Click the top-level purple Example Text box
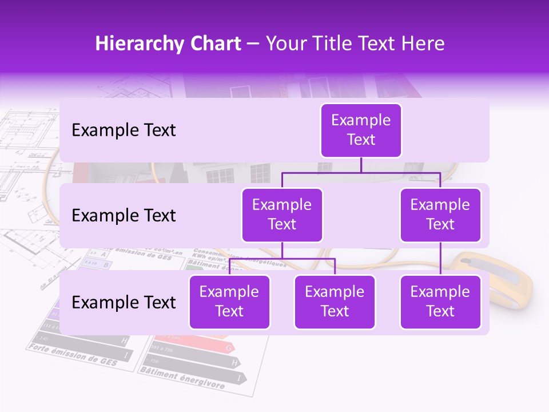(361, 130)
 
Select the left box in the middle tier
(282, 215)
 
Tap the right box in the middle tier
(440, 215)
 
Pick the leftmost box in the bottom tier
(229, 302)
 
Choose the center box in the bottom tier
(335, 302)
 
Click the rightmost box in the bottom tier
(440, 302)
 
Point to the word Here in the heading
(423, 44)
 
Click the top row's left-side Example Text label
(124, 130)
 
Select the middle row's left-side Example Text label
(124, 216)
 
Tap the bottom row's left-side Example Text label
(124, 303)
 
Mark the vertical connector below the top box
(361, 165)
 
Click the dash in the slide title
(253, 44)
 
